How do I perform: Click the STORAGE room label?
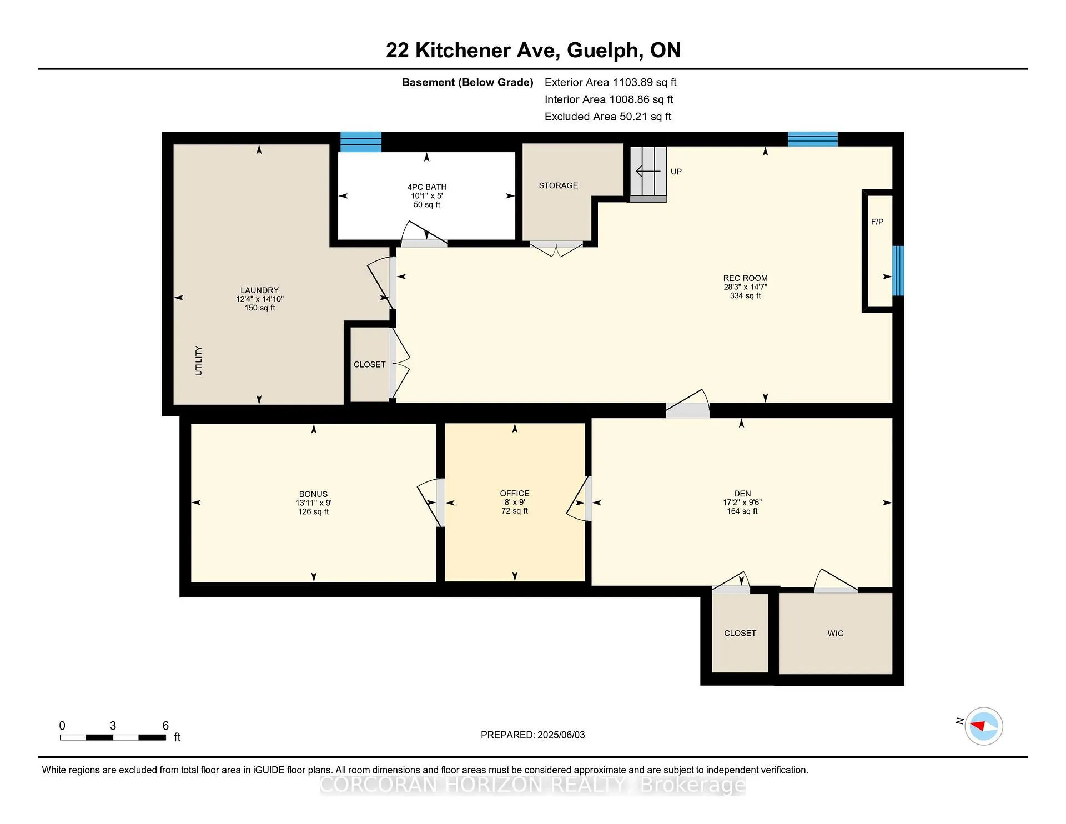click(558, 185)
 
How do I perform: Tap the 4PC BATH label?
click(427, 187)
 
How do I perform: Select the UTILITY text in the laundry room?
click(199, 361)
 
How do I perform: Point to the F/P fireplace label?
click(877, 222)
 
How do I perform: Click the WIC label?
click(835, 633)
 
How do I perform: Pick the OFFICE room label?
click(515, 493)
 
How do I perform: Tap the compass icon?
click(984, 726)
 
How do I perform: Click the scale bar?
click(113, 737)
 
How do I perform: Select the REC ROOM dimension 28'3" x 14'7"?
click(745, 287)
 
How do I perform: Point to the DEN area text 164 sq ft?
click(742, 511)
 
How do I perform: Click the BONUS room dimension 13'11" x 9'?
click(314, 503)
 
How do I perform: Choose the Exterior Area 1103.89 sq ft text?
click(610, 82)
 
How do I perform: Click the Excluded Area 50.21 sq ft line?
click(608, 117)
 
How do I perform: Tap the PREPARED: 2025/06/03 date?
click(532, 735)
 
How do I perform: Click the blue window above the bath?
click(361, 142)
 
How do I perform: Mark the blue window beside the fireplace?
click(898, 270)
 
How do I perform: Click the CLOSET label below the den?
click(740, 633)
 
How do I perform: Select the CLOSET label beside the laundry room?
click(369, 364)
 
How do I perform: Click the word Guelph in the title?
click(602, 51)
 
